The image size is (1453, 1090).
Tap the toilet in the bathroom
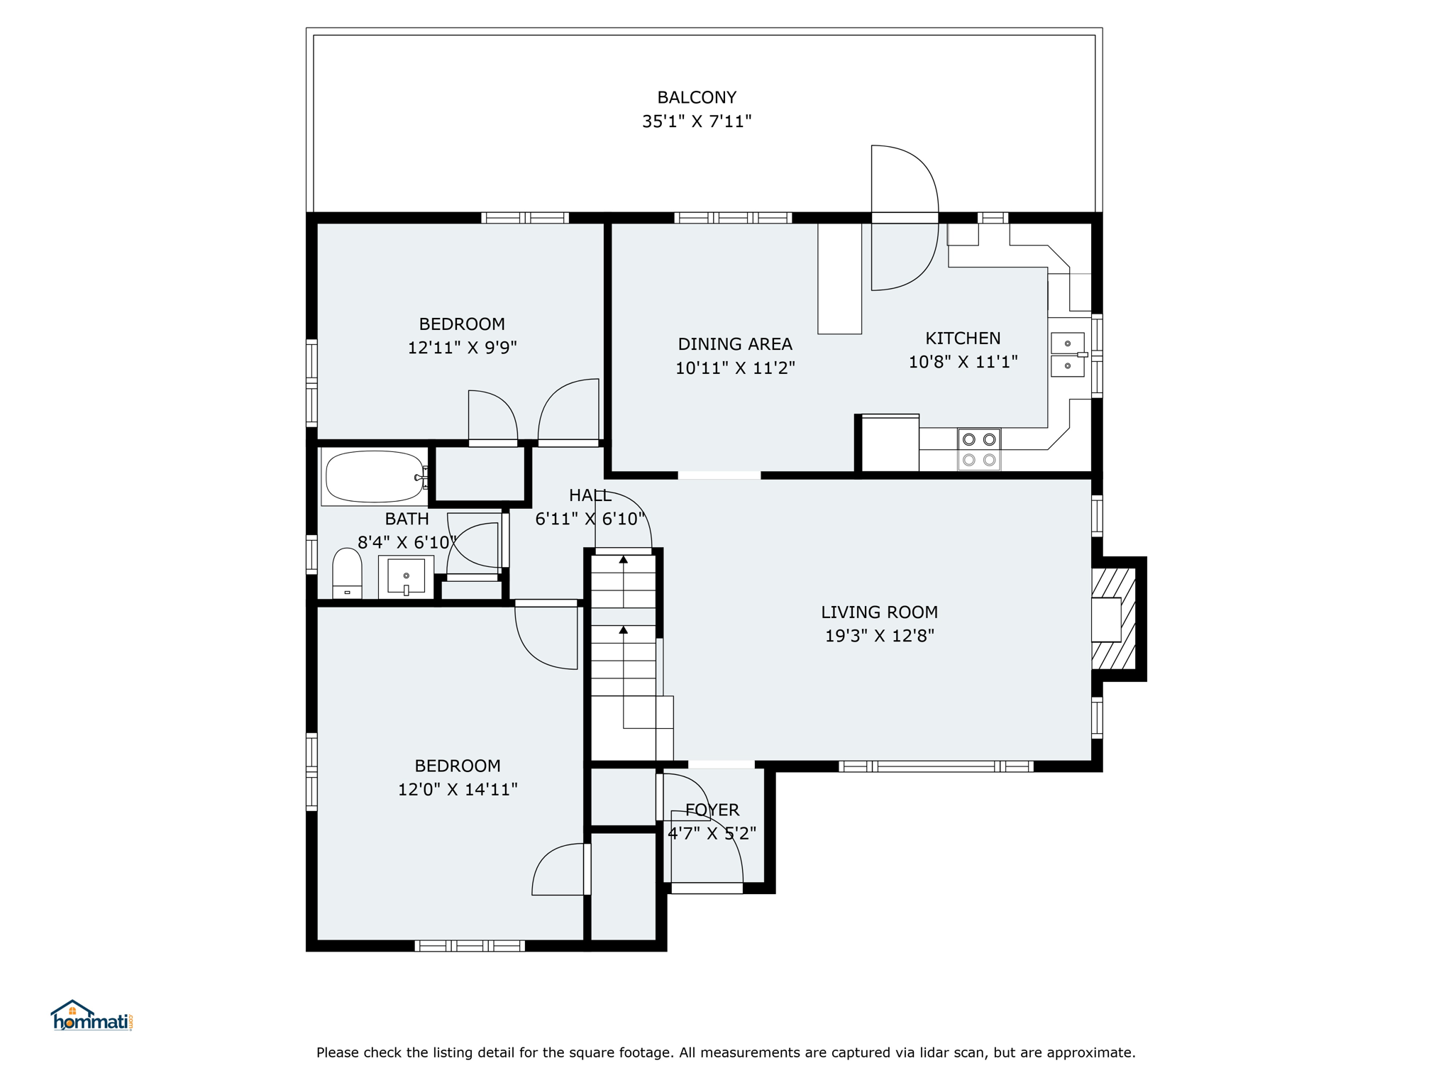[x=347, y=573]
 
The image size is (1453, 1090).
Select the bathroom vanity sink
[x=406, y=576]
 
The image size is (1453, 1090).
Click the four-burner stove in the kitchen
[x=979, y=449]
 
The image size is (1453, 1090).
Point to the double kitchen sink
[x=1068, y=355]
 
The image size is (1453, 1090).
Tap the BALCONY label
[x=697, y=97]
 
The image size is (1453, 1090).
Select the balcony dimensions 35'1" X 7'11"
[x=697, y=121]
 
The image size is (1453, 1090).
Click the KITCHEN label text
[x=963, y=338]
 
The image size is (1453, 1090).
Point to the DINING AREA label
[x=735, y=344]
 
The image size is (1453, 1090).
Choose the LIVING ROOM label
[x=879, y=612]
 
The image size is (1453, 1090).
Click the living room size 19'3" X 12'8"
[x=879, y=636]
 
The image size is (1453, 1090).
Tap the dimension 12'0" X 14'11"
[x=458, y=790]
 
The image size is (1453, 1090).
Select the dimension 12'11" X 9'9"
[x=462, y=348]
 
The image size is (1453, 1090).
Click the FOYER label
[x=712, y=810]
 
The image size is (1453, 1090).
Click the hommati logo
[x=92, y=1015]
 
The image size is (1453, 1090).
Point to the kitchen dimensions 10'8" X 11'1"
[x=963, y=362]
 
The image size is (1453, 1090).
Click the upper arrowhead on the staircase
[x=624, y=560]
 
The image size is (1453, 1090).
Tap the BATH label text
[x=407, y=519]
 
